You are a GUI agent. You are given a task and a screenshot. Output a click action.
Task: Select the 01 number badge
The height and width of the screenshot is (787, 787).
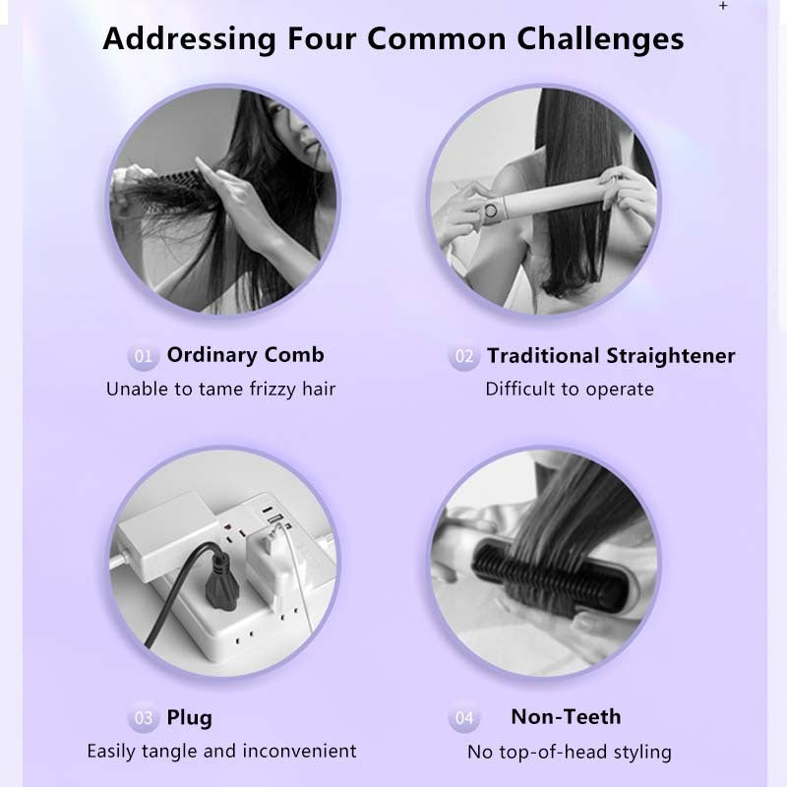click(143, 357)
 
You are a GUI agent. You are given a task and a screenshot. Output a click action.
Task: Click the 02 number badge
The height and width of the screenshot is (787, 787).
click(463, 357)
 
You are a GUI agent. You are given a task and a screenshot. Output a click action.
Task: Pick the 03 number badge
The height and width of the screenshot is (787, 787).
click(143, 718)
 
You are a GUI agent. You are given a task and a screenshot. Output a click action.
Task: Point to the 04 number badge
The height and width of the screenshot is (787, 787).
click(463, 718)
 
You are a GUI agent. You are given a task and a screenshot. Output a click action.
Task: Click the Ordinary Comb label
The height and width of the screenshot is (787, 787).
click(245, 355)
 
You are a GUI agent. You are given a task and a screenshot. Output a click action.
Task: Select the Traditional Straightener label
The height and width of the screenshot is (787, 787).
click(611, 356)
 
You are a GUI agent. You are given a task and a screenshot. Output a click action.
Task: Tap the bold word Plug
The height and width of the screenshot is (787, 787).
click(189, 718)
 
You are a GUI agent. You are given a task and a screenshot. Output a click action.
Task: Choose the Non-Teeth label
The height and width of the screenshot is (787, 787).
click(566, 717)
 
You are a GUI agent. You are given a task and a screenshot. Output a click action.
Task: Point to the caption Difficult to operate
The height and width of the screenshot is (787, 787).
click(570, 390)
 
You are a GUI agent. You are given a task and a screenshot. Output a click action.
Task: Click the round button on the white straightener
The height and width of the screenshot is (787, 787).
click(490, 212)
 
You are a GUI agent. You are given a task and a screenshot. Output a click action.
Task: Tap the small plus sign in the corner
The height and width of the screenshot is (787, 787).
click(723, 6)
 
